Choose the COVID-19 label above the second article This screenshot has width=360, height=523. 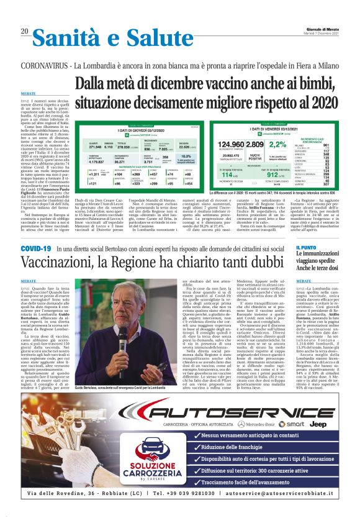point(36,248)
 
